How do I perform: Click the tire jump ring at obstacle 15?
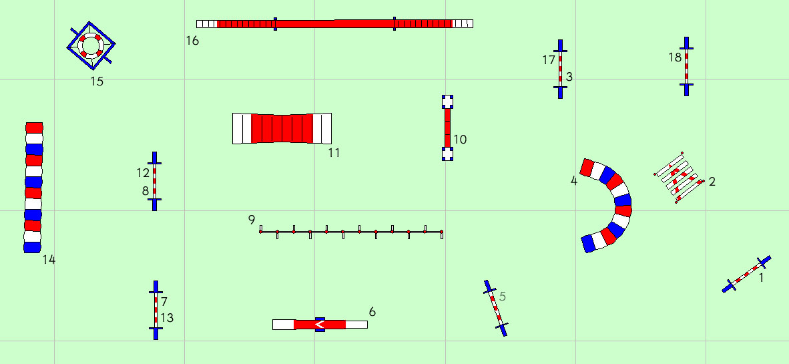91,45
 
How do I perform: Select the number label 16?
192,41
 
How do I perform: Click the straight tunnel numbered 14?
33,187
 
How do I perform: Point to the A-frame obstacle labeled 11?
282,128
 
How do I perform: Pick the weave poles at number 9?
351,232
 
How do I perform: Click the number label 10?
460,140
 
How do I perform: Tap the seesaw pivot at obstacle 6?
320,325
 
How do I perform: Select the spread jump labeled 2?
678,178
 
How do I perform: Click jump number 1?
746,275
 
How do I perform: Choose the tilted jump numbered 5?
496,307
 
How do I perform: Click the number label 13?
167,318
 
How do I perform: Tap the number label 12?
143,173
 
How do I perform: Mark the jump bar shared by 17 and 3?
561,69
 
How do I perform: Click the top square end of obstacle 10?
447,102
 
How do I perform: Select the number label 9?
252,219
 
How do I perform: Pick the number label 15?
97,81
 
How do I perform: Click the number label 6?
372,312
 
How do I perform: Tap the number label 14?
49,260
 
